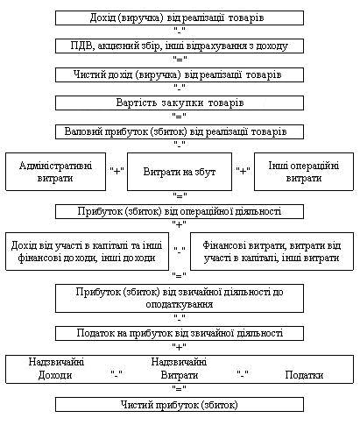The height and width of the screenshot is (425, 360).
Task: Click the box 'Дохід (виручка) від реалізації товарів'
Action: pyautogui.click(x=180, y=18)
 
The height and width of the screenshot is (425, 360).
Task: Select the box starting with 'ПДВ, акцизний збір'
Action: pyautogui.click(x=180, y=46)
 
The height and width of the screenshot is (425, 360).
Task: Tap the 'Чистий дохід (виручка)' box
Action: pyautogui.click(x=180, y=74)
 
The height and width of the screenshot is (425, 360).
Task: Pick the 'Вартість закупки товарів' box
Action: pyautogui.click(x=180, y=103)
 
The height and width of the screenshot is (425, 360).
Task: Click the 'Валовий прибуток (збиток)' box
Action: pyautogui.click(x=180, y=131)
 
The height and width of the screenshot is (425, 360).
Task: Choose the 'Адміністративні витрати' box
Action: pyautogui.click(x=55, y=172)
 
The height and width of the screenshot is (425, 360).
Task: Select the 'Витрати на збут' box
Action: pyautogui.click(x=180, y=172)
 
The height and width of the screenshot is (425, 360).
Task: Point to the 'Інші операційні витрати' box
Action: pyautogui.click(x=304, y=172)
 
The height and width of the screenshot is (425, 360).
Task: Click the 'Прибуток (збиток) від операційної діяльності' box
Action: pyautogui.click(x=180, y=211)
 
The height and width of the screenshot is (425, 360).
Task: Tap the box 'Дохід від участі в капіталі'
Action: pyautogui.click(x=87, y=251)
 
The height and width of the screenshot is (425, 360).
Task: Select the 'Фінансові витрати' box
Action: pyautogui.click(x=272, y=251)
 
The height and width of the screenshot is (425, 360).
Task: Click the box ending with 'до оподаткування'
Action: pyautogui.click(x=180, y=299)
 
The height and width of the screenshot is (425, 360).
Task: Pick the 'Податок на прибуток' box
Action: pyautogui.click(x=180, y=334)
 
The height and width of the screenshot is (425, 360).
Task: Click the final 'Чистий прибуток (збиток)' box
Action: pyautogui.click(x=180, y=405)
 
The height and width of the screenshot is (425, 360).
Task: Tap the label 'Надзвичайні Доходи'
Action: pyautogui.click(x=56, y=369)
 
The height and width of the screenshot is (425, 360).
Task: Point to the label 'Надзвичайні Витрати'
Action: pyautogui.click(x=179, y=369)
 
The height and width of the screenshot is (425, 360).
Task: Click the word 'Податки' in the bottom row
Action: pyautogui.click(x=304, y=375)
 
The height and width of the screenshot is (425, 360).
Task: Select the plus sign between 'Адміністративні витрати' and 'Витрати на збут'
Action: pyautogui.click(x=116, y=171)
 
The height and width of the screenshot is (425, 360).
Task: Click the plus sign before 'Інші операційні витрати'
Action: pyautogui.click(x=243, y=171)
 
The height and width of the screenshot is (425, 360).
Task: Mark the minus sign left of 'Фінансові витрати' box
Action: pyautogui.click(x=180, y=250)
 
